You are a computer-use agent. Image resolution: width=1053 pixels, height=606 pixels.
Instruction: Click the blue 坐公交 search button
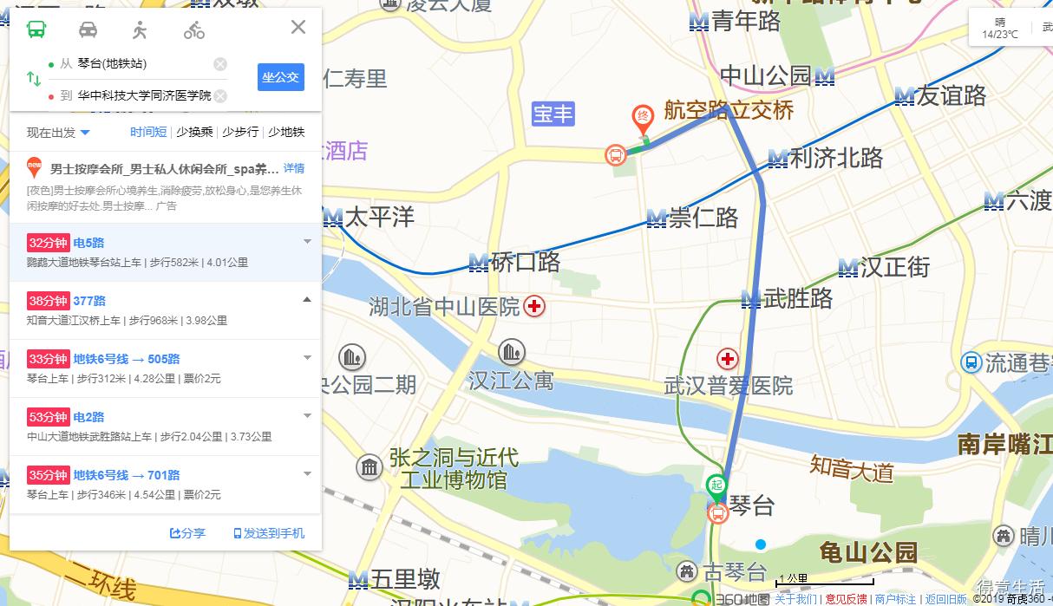(280, 77)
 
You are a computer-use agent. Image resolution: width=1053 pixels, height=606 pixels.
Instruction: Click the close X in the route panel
(298, 27)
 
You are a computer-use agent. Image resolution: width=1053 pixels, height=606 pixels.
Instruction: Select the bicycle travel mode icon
(193, 30)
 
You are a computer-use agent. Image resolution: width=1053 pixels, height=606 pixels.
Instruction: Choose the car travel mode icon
(88, 30)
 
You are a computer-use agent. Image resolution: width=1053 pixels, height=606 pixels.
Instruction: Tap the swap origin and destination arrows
(34, 79)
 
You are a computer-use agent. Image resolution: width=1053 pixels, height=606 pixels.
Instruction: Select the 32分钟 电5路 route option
(165, 251)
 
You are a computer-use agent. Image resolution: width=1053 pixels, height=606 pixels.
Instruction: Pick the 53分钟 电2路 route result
(165, 426)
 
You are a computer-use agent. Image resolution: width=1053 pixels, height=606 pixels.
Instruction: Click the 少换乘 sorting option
(194, 132)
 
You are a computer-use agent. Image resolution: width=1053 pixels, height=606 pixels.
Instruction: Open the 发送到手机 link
(269, 533)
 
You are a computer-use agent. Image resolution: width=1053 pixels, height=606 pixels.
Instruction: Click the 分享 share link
(187, 533)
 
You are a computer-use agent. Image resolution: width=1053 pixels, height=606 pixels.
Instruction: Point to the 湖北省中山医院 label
(444, 307)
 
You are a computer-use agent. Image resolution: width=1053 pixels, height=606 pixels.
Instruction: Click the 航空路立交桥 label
(729, 110)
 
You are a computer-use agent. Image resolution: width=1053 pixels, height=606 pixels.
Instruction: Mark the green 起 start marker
(716, 484)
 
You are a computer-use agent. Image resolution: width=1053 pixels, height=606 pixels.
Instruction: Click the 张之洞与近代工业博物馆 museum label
(453, 468)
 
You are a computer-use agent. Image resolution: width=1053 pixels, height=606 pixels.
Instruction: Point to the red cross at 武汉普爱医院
(727, 359)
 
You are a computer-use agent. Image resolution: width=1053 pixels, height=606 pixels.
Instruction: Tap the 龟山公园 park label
(868, 552)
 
